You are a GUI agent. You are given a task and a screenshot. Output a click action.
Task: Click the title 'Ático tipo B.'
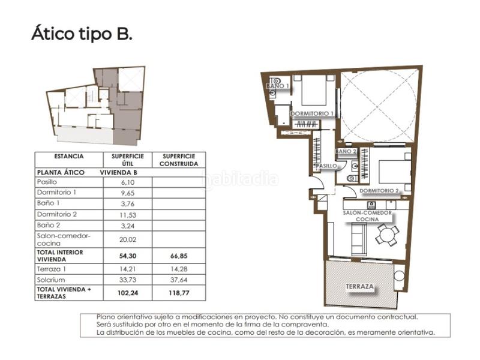pyautogui.click(x=82, y=34)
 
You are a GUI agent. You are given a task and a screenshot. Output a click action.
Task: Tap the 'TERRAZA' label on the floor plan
pyautogui.click(x=359, y=287)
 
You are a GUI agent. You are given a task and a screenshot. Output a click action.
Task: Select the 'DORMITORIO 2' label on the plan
pyautogui.click(x=380, y=191)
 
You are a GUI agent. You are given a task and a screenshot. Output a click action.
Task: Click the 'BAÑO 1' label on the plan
pyautogui.click(x=278, y=86)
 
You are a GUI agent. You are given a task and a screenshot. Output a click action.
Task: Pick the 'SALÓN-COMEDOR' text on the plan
pyautogui.click(x=368, y=213)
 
